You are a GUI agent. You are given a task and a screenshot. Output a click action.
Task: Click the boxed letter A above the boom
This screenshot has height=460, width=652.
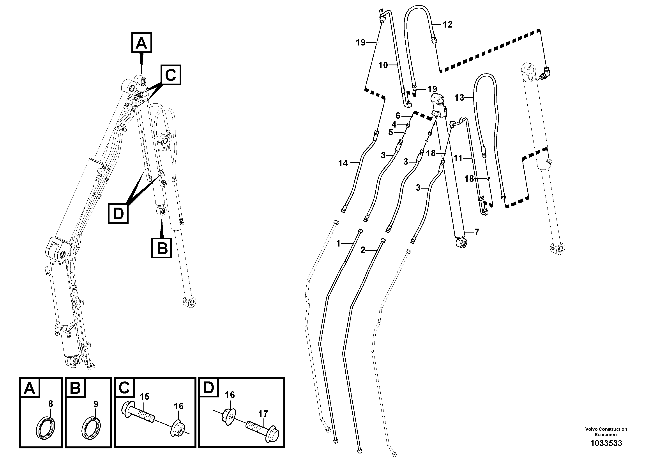[x=142, y=43]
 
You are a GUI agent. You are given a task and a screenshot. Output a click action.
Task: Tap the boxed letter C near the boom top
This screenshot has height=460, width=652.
[x=171, y=75]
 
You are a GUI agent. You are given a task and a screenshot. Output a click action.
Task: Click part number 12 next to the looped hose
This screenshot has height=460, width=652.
[x=447, y=25]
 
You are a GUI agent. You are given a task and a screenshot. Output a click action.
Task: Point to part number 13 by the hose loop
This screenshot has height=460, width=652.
[x=459, y=98]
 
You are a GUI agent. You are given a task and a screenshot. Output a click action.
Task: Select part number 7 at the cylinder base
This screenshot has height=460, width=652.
[x=477, y=232]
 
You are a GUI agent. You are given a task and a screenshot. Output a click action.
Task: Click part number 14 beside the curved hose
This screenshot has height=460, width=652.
[x=343, y=163]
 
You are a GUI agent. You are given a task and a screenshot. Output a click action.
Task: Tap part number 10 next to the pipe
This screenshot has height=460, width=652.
[x=383, y=65]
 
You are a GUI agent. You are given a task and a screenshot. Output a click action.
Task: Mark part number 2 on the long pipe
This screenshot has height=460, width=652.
[x=363, y=250]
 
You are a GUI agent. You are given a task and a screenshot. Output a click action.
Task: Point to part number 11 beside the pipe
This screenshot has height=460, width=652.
[x=458, y=158]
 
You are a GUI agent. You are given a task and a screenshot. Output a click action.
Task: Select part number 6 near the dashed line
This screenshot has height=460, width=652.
[x=398, y=115]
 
